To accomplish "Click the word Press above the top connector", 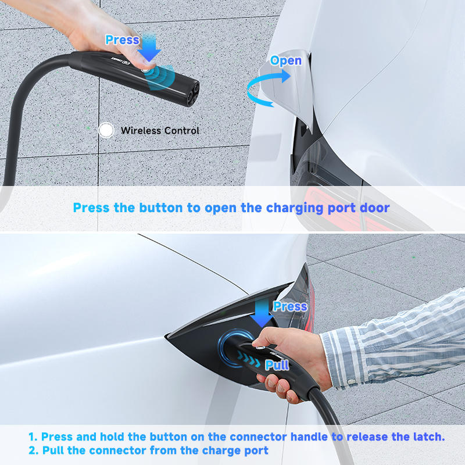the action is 122,40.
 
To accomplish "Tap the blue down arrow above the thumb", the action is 149,48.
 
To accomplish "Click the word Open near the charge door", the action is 285,61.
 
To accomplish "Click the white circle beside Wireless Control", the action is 106,130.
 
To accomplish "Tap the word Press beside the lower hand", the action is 290,306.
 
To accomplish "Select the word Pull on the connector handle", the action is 277,365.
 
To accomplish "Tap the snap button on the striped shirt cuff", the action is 352,381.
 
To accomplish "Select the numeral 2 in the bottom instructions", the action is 33,450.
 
